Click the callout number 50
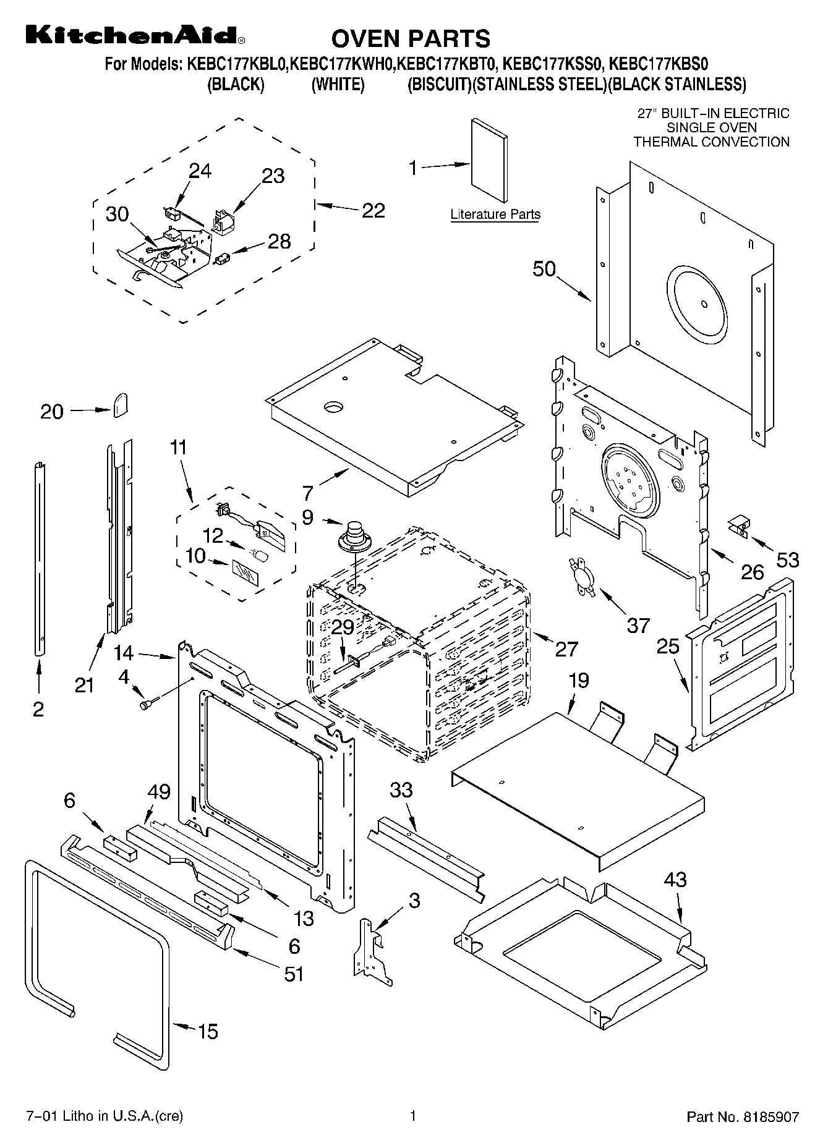point(544,270)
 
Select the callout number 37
point(638,625)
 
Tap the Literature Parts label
point(495,215)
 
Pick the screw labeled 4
point(149,702)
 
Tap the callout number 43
point(675,879)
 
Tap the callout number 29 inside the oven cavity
point(343,627)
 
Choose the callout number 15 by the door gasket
point(208,1031)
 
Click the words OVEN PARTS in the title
point(411,38)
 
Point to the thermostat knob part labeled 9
point(354,536)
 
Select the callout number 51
point(294,974)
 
